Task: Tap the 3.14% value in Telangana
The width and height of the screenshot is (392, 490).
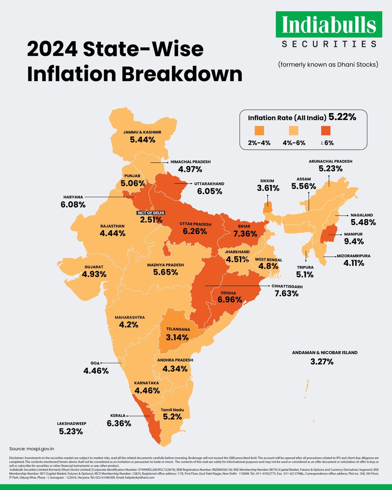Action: [177, 337]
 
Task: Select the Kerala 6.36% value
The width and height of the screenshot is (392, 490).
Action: [119, 423]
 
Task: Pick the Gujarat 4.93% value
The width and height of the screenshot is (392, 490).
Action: [94, 274]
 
